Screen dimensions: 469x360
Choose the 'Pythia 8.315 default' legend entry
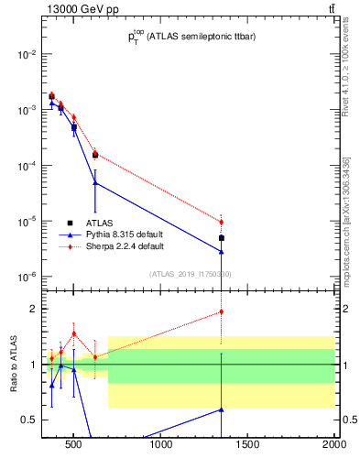(124, 234)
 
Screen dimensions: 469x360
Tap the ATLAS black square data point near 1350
(222, 238)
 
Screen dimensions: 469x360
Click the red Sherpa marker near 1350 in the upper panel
(222, 222)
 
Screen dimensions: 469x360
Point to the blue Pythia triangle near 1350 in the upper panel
(222, 251)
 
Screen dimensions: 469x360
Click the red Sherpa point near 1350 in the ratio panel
(222, 311)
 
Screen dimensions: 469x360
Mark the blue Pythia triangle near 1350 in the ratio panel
(222, 409)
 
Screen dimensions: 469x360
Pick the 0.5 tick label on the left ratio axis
(28, 420)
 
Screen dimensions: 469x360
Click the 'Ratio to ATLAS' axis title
(14, 365)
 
